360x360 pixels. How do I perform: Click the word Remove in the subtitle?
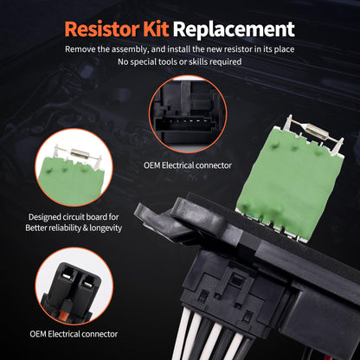point(82,49)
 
